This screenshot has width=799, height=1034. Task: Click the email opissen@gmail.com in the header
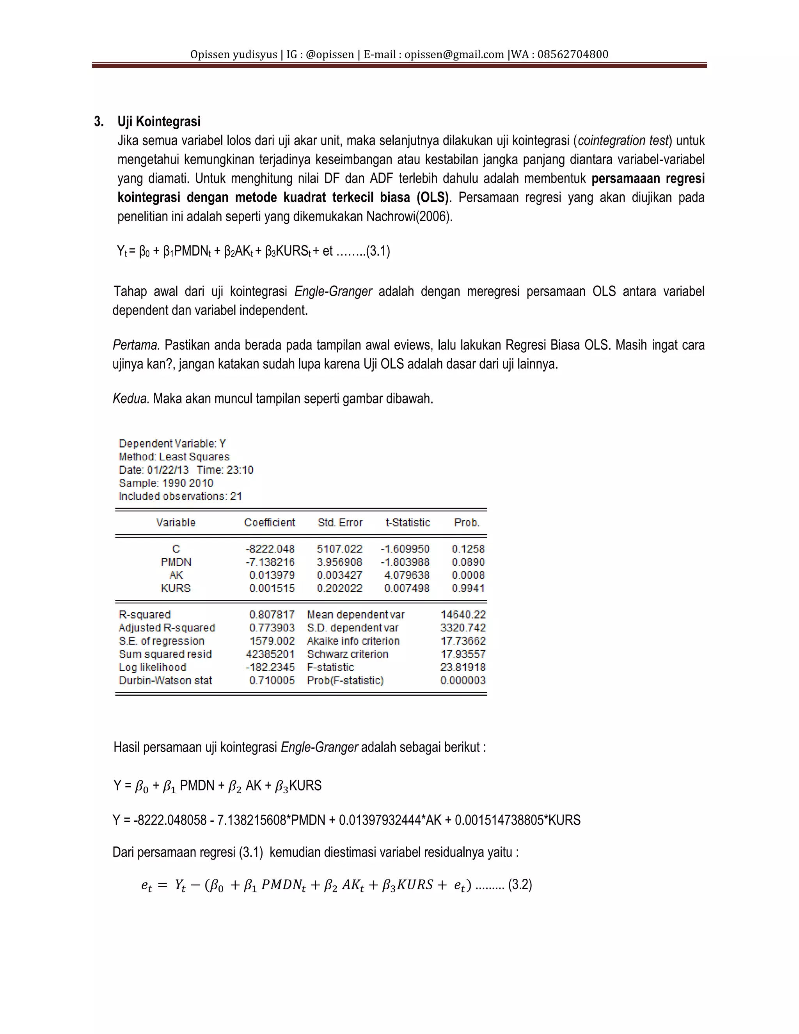pyautogui.click(x=454, y=55)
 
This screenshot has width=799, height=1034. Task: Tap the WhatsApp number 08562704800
pyautogui.click(x=573, y=55)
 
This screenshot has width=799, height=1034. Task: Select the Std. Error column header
pyautogui.click(x=340, y=523)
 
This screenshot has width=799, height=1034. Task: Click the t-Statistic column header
pyautogui.click(x=408, y=523)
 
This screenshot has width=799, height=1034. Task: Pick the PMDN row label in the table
pyautogui.click(x=176, y=562)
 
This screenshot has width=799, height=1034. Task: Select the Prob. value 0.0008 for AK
pyautogui.click(x=468, y=575)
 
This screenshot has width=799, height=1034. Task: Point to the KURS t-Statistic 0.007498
pyautogui.click(x=407, y=588)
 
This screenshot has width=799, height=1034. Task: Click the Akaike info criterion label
pyautogui.click(x=353, y=641)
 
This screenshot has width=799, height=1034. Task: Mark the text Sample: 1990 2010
pyautogui.click(x=166, y=483)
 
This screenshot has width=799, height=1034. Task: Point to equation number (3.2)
pyautogui.click(x=520, y=885)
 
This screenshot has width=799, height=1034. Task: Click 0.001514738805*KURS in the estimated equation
pyautogui.click(x=517, y=820)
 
